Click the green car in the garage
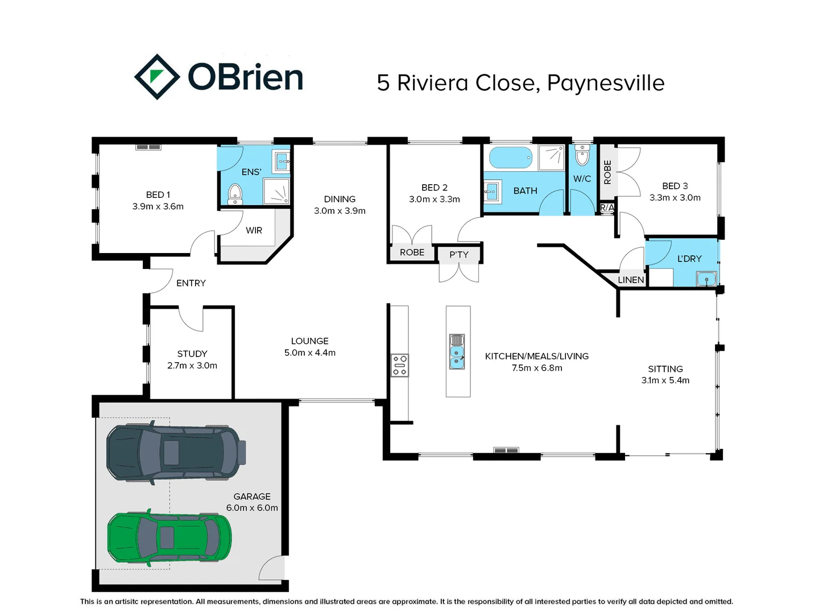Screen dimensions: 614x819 (x=169, y=538)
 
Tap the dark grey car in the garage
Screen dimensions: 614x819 (x=175, y=453)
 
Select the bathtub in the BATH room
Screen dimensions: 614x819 (x=511, y=157)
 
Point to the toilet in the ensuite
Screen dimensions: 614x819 (x=235, y=194)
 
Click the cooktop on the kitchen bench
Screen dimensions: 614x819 (x=399, y=366)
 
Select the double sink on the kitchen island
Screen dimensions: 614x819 (x=457, y=351)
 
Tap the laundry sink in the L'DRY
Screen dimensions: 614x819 (x=706, y=279)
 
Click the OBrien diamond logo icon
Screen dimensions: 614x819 (x=157, y=77)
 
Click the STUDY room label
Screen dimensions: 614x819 (x=192, y=354)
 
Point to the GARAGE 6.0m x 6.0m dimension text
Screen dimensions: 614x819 (x=252, y=508)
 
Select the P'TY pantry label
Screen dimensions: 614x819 (x=459, y=255)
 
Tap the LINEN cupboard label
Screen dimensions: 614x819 (x=631, y=280)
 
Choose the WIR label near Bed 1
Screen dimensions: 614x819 (x=254, y=230)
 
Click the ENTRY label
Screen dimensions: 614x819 (x=191, y=283)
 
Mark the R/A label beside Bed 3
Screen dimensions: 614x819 (x=607, y=208)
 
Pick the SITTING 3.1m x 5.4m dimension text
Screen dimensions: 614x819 (x=665, y=380)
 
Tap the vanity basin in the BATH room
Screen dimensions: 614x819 (x=491, y=192)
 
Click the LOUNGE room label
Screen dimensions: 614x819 (x=310, y=341)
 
